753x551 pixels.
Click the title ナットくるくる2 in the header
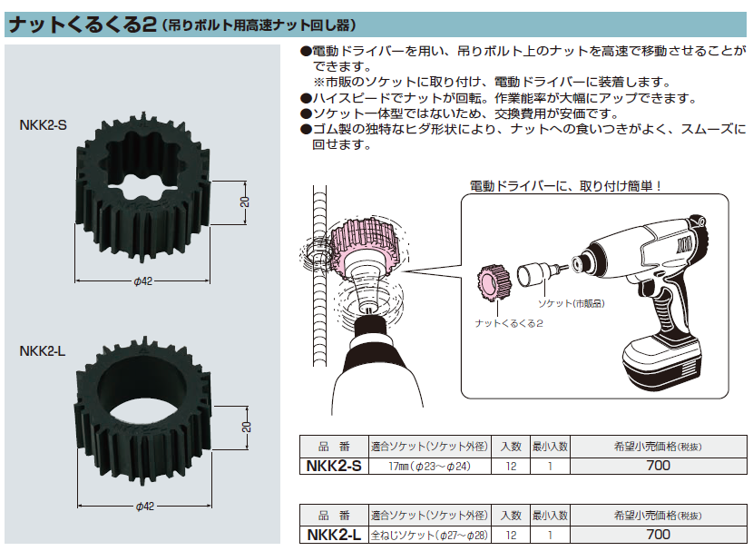click(77, 25)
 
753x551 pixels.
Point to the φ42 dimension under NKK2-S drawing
click(142, 281)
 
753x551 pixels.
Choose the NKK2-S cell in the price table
click(334, 466)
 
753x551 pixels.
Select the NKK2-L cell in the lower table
click(334, 536)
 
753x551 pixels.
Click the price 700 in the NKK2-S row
click(659, 466)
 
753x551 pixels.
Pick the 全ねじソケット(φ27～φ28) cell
click(430, 536)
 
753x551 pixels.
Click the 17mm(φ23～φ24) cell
click(430, 466)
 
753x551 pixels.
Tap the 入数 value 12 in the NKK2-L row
click(511, 536)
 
